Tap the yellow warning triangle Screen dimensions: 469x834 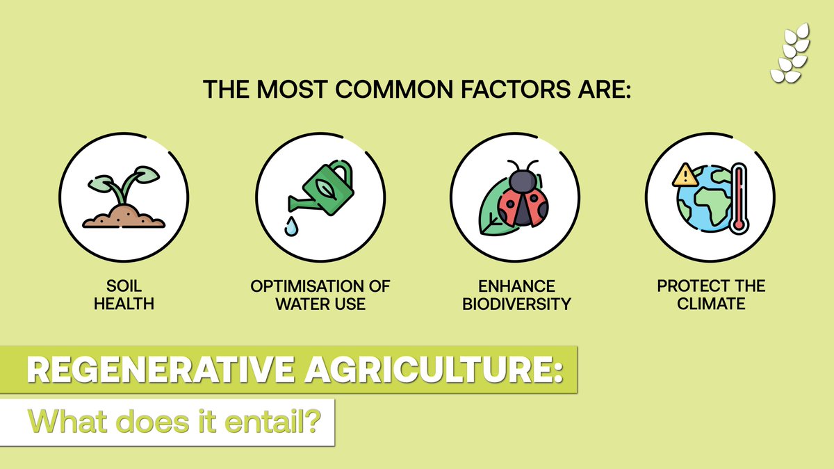tap(685, 175)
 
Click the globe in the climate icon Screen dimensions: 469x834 tap(703, 201)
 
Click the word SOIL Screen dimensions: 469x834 tap(124, 286)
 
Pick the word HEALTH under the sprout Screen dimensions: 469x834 tap(124, 304)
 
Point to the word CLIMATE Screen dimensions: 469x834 tap(711, 304)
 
